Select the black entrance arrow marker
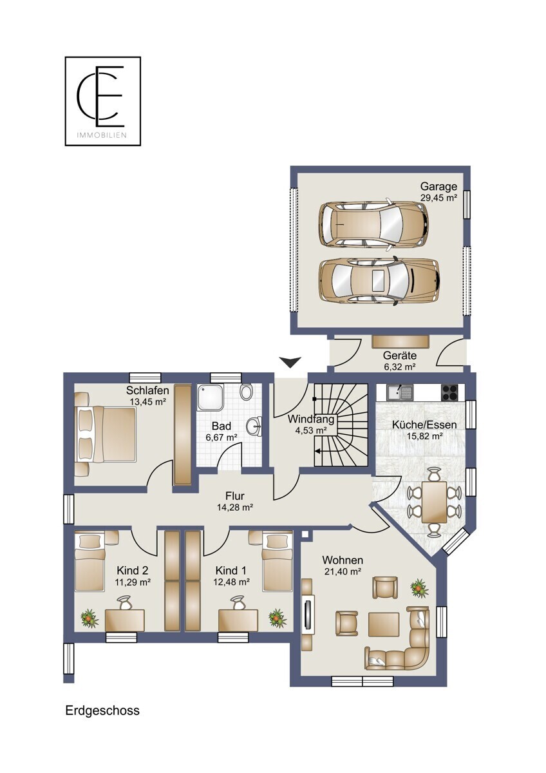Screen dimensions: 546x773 click(290, 362)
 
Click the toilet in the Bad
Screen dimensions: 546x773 click(246, 392)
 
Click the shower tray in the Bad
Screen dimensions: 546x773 click(211, 397)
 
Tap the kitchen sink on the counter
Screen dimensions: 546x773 click(400, 392)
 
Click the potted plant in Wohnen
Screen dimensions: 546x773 click(419, 588)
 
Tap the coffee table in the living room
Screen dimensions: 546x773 click(384, 624)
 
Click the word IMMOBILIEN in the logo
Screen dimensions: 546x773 click(101, 135)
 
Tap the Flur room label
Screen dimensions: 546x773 click(235, 496)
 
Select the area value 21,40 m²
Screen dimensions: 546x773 click(343, 571)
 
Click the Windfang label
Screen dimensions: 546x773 click(311, 419)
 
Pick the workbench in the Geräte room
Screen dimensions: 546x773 click(400, 341)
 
